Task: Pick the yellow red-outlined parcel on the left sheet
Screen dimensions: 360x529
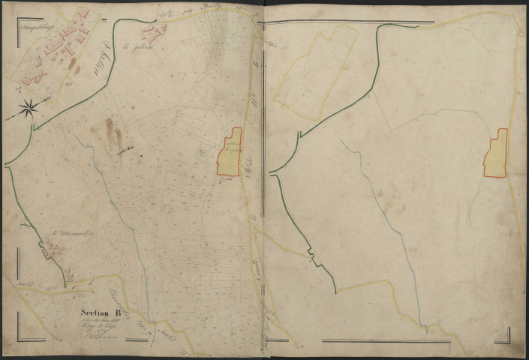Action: click(x=230, y=154)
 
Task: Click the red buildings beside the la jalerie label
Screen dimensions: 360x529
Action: click(x=158, y=32)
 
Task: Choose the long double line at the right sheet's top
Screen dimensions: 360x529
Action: click(x=353, y=22)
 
